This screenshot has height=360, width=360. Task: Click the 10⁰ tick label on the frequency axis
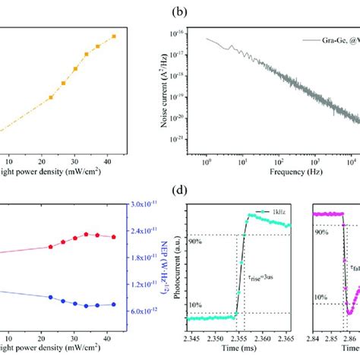(206, 161)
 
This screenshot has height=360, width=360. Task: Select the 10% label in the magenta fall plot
(321, 298)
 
